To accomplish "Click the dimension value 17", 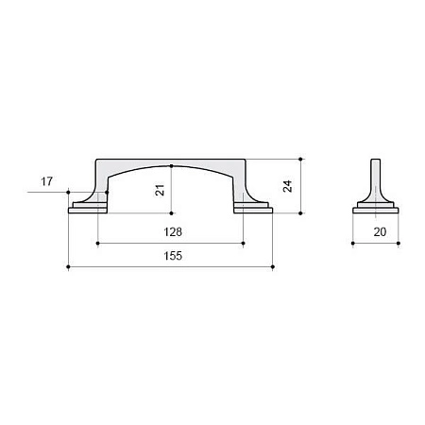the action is click(x=46, y=181).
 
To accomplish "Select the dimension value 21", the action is click(x=160, y=190).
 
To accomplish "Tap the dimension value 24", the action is click(x=287, y=186).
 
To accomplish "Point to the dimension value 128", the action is click(x=173, y=232).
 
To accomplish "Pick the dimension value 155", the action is click(x=173, y=256).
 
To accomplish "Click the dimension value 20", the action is click(x=380, y=232).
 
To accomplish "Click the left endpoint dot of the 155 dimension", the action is click(x=68, y=267).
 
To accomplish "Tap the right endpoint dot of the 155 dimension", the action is click(x=273, y=267).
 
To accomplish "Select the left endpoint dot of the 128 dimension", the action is click(x=97, y=243).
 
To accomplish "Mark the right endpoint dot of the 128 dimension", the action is click(x=243, y=243).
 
